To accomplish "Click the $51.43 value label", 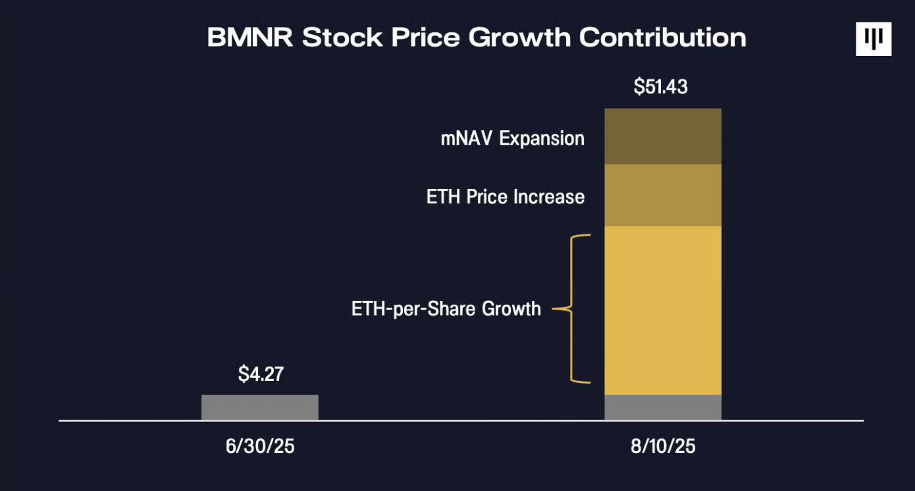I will (x=660, y=87).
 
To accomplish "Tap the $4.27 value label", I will (x=261, y=375).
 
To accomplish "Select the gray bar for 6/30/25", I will (x=260, y=407).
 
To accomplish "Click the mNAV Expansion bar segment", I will (x=663, y=136).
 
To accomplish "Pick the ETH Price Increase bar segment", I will (x=663, y=195).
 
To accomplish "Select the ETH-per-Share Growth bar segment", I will (x=663, y=310).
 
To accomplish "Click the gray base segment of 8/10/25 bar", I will (x=663, y=407).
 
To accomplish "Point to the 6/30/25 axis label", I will (x=260, y=446).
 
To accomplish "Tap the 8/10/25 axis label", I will (x=663, y=446).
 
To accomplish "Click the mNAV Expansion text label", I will (x=512, y=139).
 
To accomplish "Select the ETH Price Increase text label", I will (x=506, y=197).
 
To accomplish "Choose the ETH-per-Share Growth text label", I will (x=446, y=308).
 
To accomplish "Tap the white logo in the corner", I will (x=873, y=39).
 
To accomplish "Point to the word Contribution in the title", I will (x=663, y=38).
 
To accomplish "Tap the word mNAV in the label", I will (x=468, y=139).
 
